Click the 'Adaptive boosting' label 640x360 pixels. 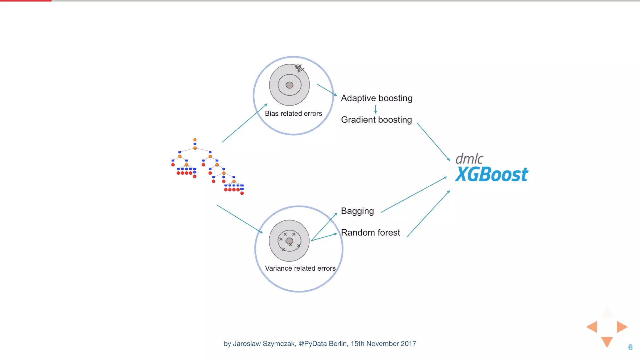pyautogui.click(x=377, y=98)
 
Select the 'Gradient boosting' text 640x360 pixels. pyautogui.click(x=376, y=120)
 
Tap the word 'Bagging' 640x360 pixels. pyautogui.click(x=357, y=211)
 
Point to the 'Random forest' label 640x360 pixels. pyautogui.click(x=370, y=232)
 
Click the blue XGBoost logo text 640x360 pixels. pyautogui.click(x=492, y=174)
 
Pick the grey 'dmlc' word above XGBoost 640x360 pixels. pyautogui.click(x=469, y=159)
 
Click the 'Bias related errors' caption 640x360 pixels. pyautogui.click(x=293, y=113)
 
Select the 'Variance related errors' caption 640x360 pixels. pyautogui.click(x=300, y=268)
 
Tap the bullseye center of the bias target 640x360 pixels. pyautogui.click(x=289, y=85)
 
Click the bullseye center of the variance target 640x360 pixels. pyautogui.click(x=289, y=241)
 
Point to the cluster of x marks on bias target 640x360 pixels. pyautogui.click(x=299, y=68)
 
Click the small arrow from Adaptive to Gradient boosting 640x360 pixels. pyautogui.click(x=375, y=109)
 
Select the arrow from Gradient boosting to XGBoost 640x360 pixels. pyautogui.click(x=433, y=142)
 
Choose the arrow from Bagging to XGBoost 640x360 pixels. pyautogui.click(x=414, y=195)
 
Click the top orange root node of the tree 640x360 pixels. pyautogui.click(x=195, y=140)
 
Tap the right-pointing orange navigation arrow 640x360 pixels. pyautogui.click(x=622, y=327)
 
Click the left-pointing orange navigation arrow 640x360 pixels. pyautogui.click(x=592, y=327)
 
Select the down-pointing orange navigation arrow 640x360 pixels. pyautogui.click(x=607, y=342)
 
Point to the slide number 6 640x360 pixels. pyautogui.click(x=630, y=347)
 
